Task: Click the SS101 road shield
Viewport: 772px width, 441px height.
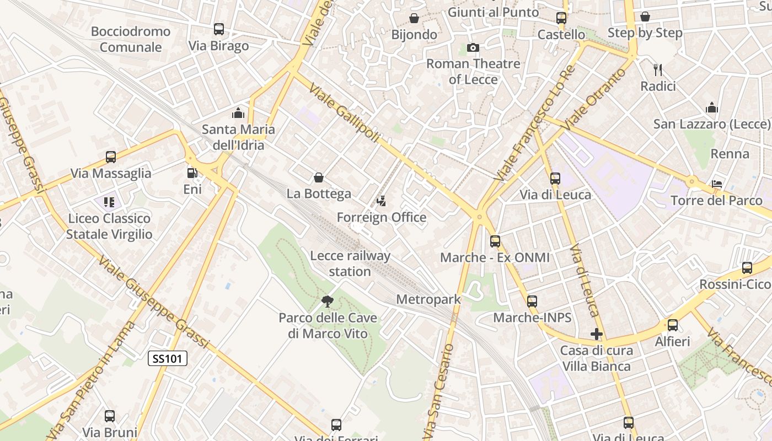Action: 168,359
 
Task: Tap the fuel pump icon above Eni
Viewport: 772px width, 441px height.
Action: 192,173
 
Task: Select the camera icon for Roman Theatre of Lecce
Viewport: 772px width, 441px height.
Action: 473,48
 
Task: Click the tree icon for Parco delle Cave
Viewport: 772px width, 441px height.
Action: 328,301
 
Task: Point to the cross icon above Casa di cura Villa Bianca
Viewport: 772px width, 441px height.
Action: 596,334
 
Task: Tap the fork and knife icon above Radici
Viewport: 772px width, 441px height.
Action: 657,70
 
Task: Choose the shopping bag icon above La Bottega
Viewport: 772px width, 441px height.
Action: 319,178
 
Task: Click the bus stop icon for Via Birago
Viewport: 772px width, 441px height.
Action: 219,29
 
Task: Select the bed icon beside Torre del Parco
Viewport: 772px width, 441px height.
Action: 717,184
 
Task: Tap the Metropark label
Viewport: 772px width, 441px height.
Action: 428,299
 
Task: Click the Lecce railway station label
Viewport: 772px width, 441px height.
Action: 350,263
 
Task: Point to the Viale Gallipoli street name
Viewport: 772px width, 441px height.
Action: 344,113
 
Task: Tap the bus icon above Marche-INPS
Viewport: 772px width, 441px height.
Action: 532,302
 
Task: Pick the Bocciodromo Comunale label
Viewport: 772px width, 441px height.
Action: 131,39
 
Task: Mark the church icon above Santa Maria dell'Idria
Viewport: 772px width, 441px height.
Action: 238,113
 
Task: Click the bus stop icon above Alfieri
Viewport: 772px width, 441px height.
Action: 672,325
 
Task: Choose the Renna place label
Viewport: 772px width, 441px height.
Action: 730,154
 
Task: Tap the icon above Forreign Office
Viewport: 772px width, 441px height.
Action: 381,201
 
